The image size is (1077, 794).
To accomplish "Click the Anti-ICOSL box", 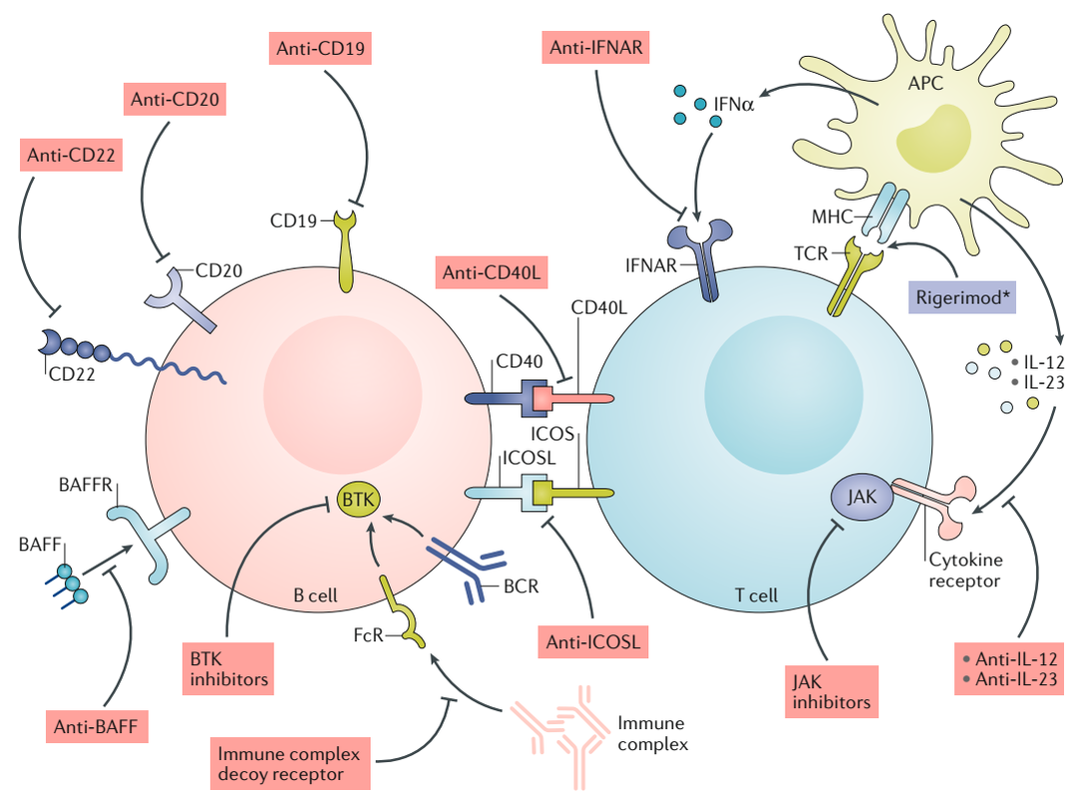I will (592, 640).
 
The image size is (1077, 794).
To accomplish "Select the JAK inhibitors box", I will (832, 690).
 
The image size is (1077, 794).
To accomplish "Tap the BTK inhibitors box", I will (228, 667).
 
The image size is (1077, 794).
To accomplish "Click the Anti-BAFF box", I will (97, 725).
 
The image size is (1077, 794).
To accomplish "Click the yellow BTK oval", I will (355, 498).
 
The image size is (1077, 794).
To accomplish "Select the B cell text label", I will (313, 596).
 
